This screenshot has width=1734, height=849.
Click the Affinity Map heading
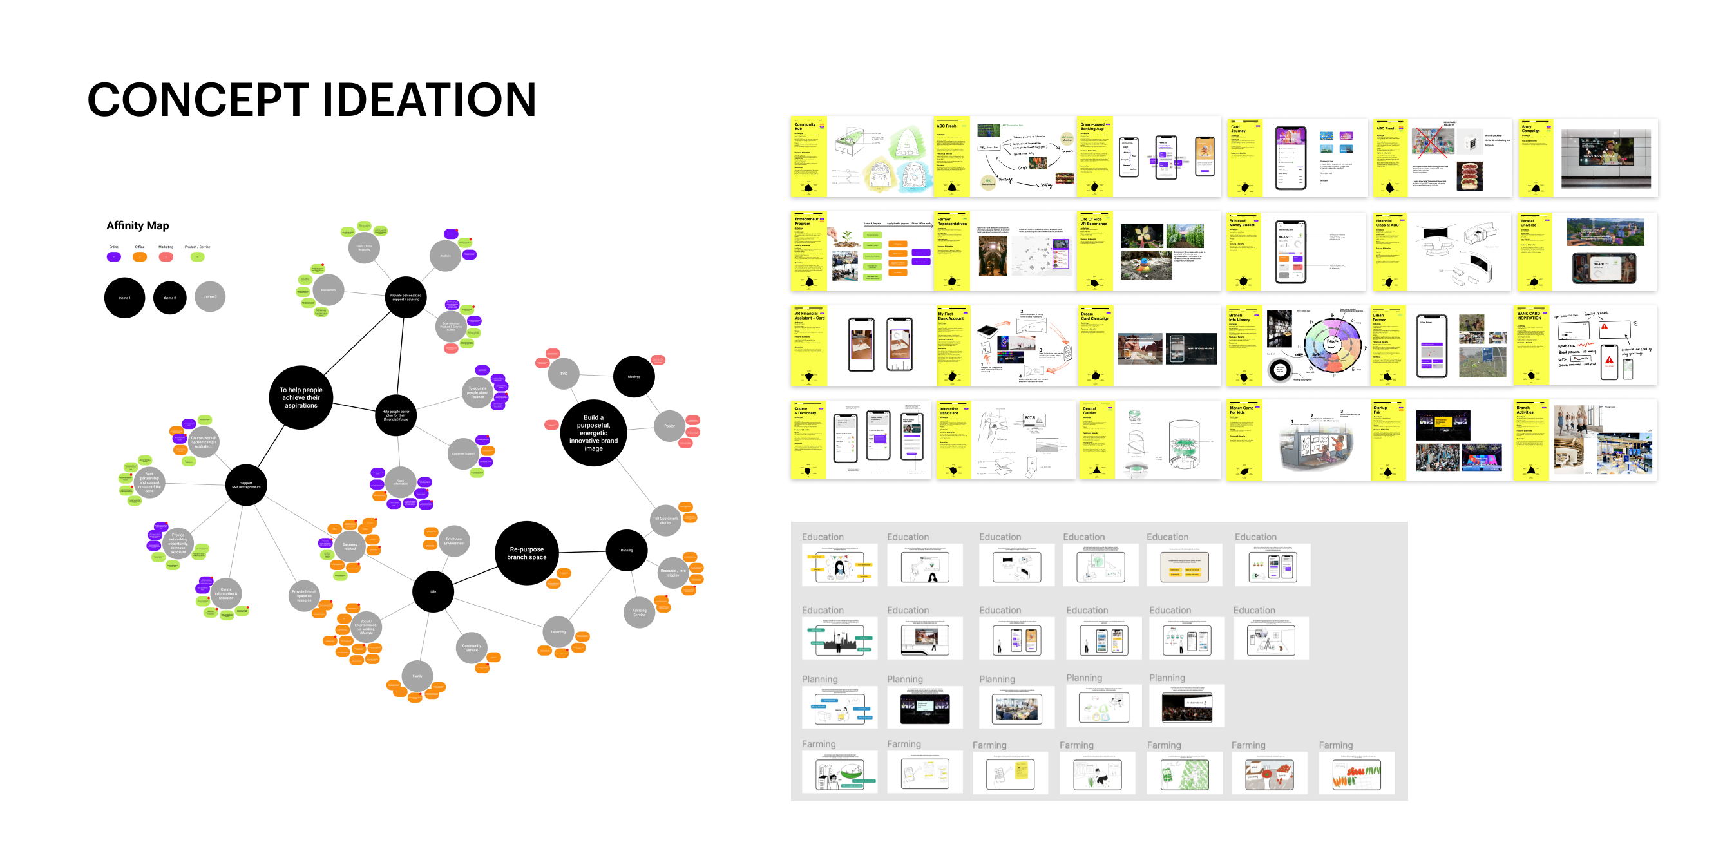coord(137,225)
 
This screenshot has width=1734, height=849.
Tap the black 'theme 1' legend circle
coord(124,298)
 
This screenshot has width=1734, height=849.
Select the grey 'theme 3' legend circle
coord(209,297)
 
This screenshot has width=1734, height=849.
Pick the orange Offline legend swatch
coord(139,256)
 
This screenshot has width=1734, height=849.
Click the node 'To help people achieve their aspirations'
coord(301,398)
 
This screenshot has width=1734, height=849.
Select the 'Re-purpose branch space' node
coord(526,553)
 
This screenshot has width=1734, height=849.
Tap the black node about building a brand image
coord(593,433)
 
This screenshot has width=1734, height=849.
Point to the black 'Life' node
coord(433,592)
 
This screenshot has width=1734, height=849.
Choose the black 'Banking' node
coord(626,550)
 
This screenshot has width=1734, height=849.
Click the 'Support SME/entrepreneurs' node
coord(246,485)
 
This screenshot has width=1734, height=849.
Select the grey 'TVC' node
coord(564,374)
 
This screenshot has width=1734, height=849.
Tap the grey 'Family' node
coord(417,676)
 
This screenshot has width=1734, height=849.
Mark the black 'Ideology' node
coord(633,377)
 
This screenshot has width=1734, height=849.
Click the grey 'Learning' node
coord(558,632)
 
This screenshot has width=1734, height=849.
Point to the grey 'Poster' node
coord(669,426)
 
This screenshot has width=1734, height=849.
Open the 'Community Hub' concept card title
coord(805,126)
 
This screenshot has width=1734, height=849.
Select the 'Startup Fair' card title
coord(1380,409)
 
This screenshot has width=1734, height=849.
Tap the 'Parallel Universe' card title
coord(1528,223)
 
